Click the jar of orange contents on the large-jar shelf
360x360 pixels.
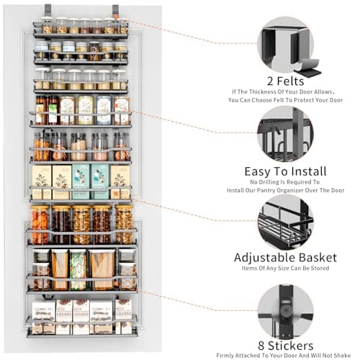pyautogui.click(x=40, y=223)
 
